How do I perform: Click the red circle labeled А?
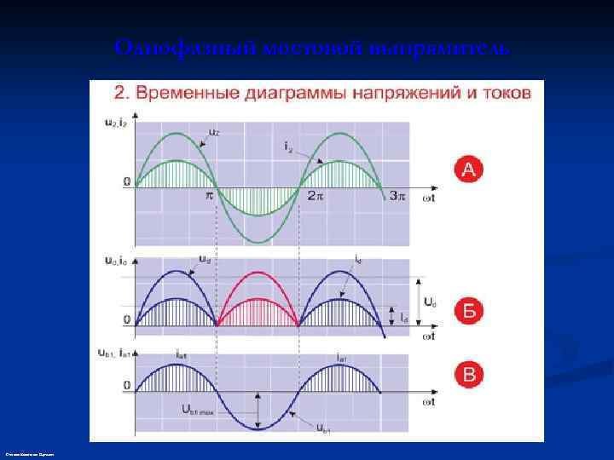pos(469,170)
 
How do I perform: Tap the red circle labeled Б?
pos(469,310)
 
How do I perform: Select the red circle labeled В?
pos(469,375)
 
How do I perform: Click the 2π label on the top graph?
pos(316,196)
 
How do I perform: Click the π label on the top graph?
pos(208,195)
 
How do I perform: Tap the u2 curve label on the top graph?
pos(213,132)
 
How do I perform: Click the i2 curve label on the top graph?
pos(290,146)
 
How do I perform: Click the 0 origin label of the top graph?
pos(126,181)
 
